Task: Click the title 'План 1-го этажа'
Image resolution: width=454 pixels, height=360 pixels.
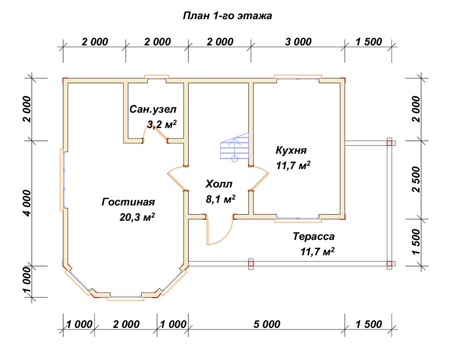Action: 227,16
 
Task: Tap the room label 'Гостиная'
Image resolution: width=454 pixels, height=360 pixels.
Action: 128,202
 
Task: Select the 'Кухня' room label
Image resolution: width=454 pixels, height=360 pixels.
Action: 291,150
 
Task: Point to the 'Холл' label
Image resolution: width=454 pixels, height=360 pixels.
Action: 219,184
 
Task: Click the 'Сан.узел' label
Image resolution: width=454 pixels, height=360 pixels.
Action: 153,109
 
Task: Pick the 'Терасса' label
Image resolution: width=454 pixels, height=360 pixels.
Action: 314,236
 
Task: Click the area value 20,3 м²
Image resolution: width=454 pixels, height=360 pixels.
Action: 137,217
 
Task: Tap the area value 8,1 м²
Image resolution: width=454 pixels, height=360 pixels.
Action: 221,199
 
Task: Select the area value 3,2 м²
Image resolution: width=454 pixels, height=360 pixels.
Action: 162,125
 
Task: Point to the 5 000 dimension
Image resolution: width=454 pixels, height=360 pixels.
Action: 267,324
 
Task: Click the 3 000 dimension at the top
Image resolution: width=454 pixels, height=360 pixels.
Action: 298,42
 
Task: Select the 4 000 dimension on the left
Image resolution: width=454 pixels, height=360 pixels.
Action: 27,203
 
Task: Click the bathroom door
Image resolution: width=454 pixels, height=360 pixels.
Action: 155,132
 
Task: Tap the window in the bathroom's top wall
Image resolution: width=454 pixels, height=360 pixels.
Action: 157,78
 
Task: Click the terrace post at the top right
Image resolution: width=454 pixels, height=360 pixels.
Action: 389,143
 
